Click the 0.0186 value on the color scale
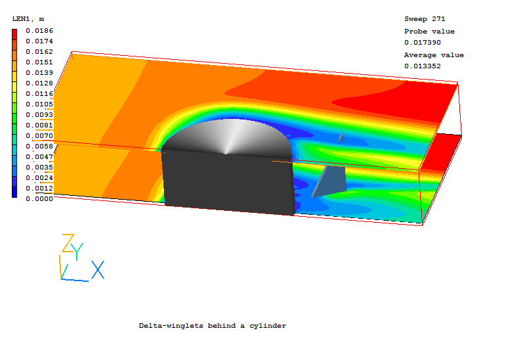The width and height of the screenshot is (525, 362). coord(39,31)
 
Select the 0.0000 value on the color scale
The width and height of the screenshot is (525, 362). coord(39,199)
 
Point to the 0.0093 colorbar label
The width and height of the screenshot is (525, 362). coord(39,114)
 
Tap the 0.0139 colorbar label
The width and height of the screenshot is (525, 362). coord(39,73)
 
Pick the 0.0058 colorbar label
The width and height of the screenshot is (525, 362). coord(39,146)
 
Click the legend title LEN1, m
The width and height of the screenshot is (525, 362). coord(28,19)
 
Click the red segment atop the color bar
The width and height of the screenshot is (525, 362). coord(14,35)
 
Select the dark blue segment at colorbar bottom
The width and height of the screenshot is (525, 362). coord(14,192)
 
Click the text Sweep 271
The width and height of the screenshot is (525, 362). coord(425,19)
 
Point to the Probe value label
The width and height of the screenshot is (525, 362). coord(429,32)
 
